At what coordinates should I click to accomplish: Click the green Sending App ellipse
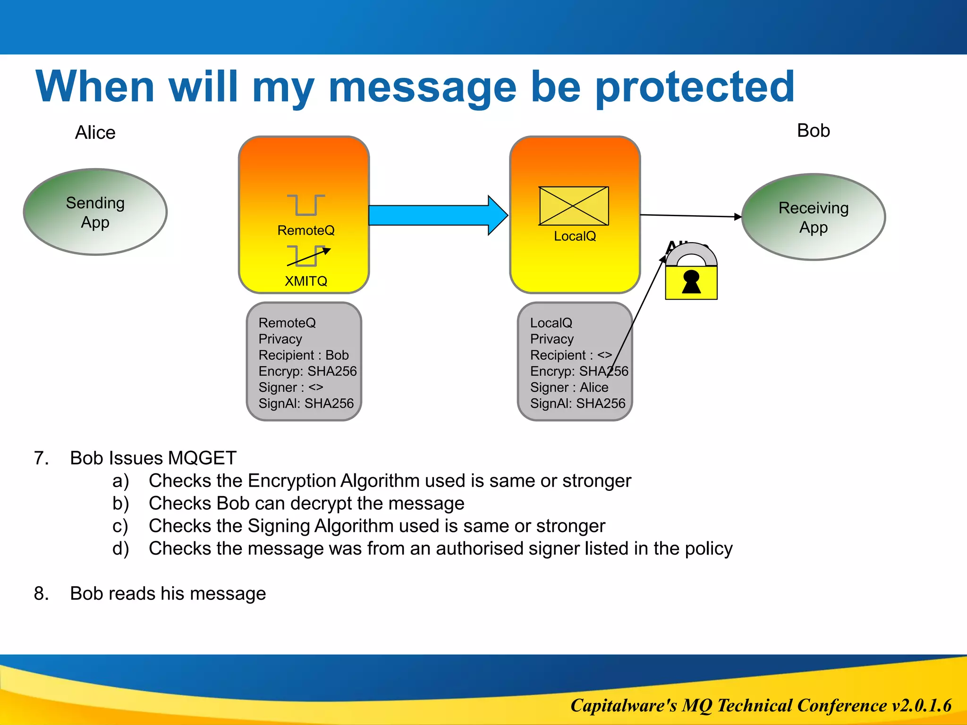95,212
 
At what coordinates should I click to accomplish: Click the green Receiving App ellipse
813,217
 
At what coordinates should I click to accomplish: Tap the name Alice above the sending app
95,133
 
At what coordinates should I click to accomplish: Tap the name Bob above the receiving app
813,131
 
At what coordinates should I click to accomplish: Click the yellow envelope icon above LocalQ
574,206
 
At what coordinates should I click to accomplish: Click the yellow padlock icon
691,278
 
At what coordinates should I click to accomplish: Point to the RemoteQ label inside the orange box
306,230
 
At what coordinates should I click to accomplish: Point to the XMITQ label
306,281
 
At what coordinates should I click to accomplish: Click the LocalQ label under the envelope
575,236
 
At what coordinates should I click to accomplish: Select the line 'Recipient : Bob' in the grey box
303,355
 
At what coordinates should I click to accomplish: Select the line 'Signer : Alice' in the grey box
569,387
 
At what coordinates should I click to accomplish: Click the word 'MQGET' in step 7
202,458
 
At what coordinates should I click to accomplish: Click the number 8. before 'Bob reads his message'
42,593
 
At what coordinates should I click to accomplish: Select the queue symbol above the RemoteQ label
306,205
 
